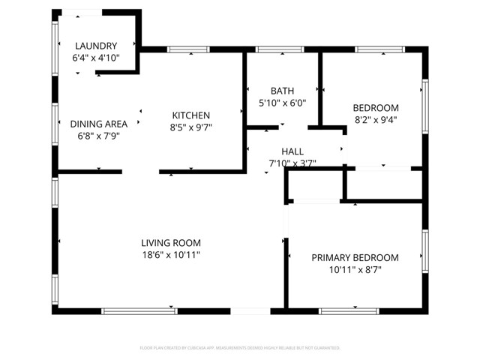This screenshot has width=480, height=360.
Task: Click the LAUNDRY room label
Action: (x=95, y=45)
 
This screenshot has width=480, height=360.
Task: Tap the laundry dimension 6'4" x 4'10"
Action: (x=95, y=57)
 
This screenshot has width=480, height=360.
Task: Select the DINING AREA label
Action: (x=98, y=124)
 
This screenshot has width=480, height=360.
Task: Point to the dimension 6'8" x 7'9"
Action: (x=98, y=136)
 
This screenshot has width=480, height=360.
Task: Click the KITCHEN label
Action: (x=191, y=115)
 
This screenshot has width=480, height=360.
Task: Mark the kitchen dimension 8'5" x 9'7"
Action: (x=191, y=127)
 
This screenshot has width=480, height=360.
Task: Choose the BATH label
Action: (x=283, y=90)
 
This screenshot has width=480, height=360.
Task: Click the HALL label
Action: (x=292, y=151)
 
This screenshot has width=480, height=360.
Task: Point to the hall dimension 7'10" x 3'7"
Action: (x=292, y=163)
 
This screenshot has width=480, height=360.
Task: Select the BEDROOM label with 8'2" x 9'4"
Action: (x=376, y=107)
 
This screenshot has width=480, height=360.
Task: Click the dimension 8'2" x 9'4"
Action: (x=376, y=119)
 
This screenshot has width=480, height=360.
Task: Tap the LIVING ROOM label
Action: (x=171, y=242)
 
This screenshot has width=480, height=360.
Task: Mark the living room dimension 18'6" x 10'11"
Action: (x=171, y=255)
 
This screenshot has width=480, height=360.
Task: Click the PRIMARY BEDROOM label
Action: (x=355, y=257)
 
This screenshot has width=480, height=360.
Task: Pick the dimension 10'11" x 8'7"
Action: (x=355, y=270)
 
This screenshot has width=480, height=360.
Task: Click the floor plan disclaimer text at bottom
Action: (x=240, y=348)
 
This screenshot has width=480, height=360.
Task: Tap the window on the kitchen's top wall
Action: (x=188, y=50)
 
